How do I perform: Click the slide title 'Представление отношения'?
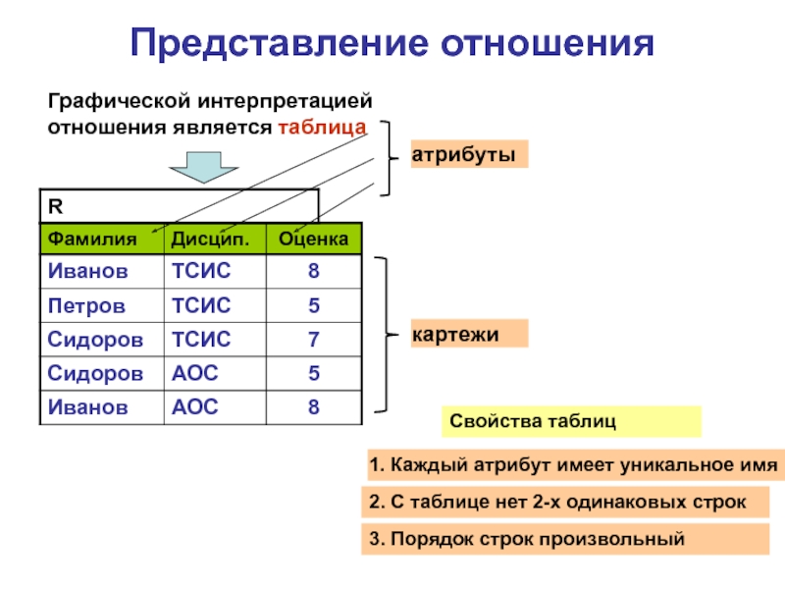(392, 42)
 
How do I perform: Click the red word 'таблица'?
(322, 127)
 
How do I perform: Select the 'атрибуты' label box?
(468, 155)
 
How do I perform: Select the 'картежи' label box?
(468, 335)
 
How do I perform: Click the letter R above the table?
(55, 206)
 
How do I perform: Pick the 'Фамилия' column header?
(87, 239)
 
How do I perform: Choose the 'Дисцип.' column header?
(204, 239)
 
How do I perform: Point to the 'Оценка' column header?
(313, 239)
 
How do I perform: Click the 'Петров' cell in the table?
(86, 305)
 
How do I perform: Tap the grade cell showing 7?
(313, 340)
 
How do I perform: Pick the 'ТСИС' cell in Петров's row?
(201, 305)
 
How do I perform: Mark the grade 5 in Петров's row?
(313, 305)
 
